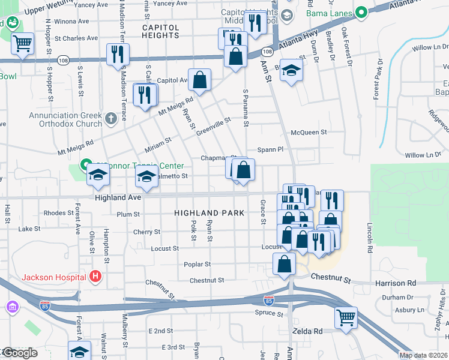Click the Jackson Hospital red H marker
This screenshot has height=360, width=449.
tap(95, 277)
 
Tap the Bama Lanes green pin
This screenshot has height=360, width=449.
tap(361, 12)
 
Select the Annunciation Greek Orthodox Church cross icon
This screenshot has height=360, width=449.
tap(110, 119)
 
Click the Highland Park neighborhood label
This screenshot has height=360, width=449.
tap(209, 213)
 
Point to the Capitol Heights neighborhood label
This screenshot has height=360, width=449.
tap(160, 32)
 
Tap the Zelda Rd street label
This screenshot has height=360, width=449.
tap(307, 331)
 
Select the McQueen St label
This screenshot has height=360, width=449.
tap(309, 132)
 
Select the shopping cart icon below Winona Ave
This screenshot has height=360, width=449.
tap(23, 43)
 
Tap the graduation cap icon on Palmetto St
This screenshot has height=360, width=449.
tap(146, 177)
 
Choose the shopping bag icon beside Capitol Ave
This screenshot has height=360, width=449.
tap(200, 79)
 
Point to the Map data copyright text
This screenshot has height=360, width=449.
tap(423, 355)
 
